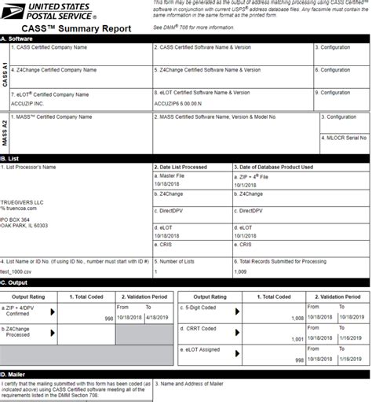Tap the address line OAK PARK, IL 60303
[x=24, y=226]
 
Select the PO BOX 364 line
[x=15, y=219]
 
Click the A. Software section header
[x=20, y=38]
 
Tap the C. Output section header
[x=15, y=283]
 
